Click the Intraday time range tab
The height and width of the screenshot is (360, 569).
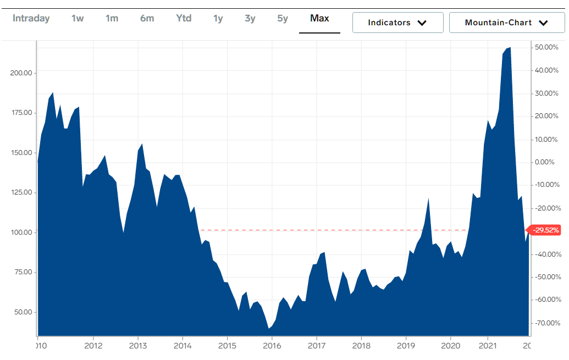coord(31,18)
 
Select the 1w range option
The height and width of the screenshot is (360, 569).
coord(78,18)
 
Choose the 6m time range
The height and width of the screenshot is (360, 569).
coord(147,18)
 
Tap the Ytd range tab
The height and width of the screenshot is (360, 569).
coord(184,18)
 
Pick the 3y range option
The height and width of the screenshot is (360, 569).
coord(250,18)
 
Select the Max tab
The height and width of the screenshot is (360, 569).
coord(319,18)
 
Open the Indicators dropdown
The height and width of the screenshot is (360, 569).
coord(397,23)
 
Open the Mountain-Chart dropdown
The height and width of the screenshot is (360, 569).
coord(506,23)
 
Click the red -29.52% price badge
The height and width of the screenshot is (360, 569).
coord(544,230)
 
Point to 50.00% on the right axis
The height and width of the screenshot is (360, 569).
coord(548,47)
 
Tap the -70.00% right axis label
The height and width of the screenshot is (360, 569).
coord(548,323)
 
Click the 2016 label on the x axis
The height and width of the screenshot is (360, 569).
coord(272,345)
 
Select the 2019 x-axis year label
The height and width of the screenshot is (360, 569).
coord(406,345)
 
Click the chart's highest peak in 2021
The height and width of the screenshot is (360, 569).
coord(510,48)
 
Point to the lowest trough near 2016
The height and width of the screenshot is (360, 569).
coord(269,328)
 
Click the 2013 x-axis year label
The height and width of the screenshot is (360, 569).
coord(137,345)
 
